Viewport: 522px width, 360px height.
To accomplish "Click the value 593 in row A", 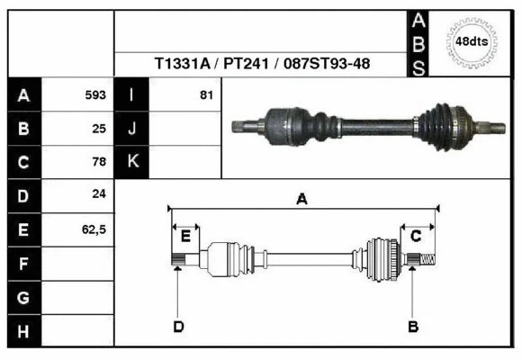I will [95, 94].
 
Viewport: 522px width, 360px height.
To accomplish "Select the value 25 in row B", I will [99, 129].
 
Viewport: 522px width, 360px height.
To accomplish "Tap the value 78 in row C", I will [99, 162].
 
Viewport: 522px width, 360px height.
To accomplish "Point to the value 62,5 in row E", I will [94, 229].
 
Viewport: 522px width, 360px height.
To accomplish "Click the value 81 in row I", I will [205, 94].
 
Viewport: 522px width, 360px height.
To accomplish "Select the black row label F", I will [23, 264].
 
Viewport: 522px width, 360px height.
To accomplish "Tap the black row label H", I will [23, 331].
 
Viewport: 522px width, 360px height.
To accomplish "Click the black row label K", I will [131, 162].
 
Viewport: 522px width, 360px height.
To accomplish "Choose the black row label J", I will [131, 129].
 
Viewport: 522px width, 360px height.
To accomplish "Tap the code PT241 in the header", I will [244, 65].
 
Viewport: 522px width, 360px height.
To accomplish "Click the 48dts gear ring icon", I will [472, 42].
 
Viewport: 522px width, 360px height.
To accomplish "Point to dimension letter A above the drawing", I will [302, 200].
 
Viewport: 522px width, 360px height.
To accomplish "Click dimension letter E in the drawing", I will [185, 237].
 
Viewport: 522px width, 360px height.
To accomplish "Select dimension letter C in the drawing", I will [417, 237].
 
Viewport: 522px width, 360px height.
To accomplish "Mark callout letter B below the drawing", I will [412, 326].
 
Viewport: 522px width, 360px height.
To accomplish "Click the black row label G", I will [23, 297].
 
